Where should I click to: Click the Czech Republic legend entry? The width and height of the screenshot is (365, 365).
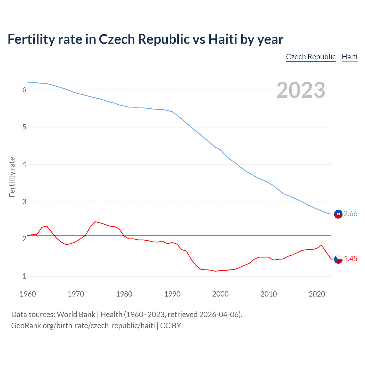311,57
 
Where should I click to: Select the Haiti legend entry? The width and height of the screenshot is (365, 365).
349,57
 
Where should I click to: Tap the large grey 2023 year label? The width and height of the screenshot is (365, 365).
301,90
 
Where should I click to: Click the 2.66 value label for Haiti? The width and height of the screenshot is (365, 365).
350,214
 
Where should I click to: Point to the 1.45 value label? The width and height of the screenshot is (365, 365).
350,259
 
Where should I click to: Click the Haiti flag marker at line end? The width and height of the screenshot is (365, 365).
338,214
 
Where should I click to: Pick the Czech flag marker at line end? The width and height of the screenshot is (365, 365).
338,259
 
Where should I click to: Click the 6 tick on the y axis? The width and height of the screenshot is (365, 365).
24,90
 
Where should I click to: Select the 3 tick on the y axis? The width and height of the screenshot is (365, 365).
24,202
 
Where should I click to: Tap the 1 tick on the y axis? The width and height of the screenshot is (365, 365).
24,276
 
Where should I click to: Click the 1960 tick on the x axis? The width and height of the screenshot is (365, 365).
28,294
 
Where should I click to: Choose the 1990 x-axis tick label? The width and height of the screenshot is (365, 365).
172,294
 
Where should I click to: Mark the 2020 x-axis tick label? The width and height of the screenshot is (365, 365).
317,294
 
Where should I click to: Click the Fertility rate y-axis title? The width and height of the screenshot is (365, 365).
12,177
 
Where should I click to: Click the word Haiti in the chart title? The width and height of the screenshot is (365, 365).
222,39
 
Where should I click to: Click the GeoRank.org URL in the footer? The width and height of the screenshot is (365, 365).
83,326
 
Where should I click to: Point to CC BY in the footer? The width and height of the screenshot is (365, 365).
171,326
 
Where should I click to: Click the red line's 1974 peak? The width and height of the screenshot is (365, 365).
95,222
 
